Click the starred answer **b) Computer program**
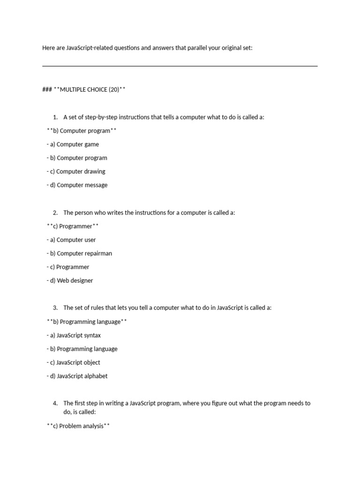pyautogui.click(x=82, y=131)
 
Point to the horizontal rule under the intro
pyautogui.click(x=180, y=66)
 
